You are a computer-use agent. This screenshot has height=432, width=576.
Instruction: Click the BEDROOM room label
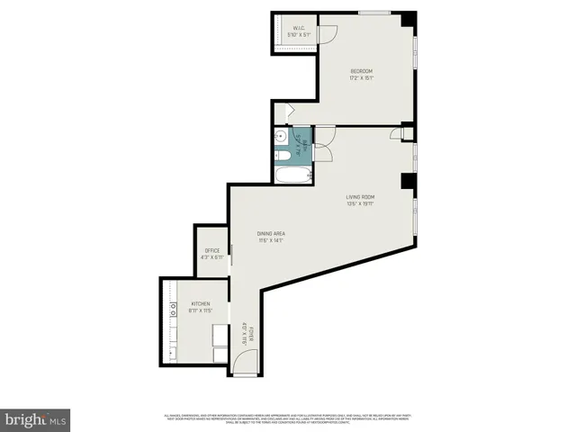[361, 71]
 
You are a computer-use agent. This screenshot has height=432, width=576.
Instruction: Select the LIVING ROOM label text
[360, 197]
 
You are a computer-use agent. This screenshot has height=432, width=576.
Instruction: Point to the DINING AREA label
[272, 234]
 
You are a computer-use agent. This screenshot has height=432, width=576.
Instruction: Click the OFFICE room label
[212, 250]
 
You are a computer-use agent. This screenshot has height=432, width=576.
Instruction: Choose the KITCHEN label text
[200, 304]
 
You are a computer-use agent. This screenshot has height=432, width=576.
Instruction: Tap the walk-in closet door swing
[328, 33]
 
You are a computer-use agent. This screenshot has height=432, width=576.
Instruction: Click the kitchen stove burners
[171, 311]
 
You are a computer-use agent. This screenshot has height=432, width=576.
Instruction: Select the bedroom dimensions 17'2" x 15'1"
[361, 78]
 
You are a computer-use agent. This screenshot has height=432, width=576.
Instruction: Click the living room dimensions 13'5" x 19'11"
[360, 204]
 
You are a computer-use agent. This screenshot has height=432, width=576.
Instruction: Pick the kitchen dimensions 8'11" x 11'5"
[200, 311]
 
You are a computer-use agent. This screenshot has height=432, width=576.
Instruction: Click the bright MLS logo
[36, 419]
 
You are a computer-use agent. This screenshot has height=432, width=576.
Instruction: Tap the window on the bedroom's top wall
[374, 12]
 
